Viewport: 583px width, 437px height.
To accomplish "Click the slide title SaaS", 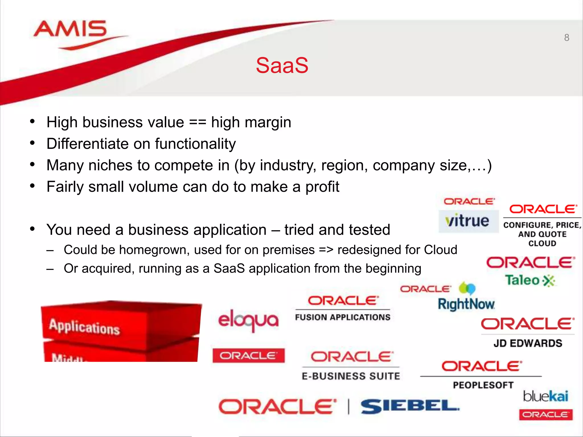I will (x=282, y=65).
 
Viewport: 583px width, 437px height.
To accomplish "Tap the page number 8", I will (x=566, y=38).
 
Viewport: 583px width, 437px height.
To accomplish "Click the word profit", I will (x=322, y=187).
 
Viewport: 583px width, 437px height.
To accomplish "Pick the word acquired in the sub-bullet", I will (x=108, y=269).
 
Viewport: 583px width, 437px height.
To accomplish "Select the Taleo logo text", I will (x=523, y=280).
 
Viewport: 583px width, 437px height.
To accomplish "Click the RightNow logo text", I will (x=466, y=304).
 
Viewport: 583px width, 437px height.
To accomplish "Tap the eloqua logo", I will (x=248, y=320).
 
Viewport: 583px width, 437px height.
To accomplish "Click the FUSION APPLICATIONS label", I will (x=342, y=317).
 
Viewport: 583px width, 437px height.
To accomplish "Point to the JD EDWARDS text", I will (x=528, y=343).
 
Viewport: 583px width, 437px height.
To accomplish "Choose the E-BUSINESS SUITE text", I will (x=351, y=376).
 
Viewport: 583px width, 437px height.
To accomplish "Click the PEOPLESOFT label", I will (x=483, y=385).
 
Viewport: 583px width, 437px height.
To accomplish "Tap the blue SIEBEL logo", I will (x=410, y=406).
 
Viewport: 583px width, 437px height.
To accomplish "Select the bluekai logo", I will (x=545, y=396).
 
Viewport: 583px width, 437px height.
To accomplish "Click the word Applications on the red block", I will (x=84, y=327).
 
